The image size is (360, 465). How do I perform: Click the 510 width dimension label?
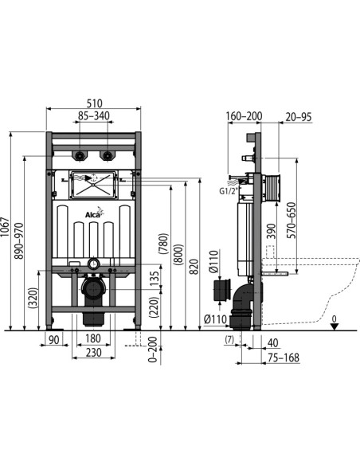click(x=94, y=104)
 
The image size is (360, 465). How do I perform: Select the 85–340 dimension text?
click(x=94, y=115)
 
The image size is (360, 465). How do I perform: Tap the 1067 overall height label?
click(x=5, y=227)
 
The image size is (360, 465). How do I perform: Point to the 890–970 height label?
click(x=18, y=241)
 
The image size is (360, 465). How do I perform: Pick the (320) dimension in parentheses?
click(x=33, y=298)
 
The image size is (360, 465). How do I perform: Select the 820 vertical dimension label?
click(x=194, y=267)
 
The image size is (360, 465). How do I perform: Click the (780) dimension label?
click(x=164, y=244)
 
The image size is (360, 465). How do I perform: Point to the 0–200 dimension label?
click(x=152, y=350)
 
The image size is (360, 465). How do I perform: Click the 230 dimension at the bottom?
click(x=93, y=353)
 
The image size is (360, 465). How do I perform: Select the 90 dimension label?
click(x=53, y=340)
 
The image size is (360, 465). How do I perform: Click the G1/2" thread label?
click(x=229, y=191)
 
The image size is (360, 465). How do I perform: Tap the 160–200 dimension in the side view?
click(x=244, y=116)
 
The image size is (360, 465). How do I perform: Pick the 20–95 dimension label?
click(x=299, y=117)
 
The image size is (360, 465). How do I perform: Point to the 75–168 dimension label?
click(x=284, y=358)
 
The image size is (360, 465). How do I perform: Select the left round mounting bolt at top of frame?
click(x=79, y=155)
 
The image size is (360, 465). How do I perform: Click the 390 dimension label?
click(x=271, y=231)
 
